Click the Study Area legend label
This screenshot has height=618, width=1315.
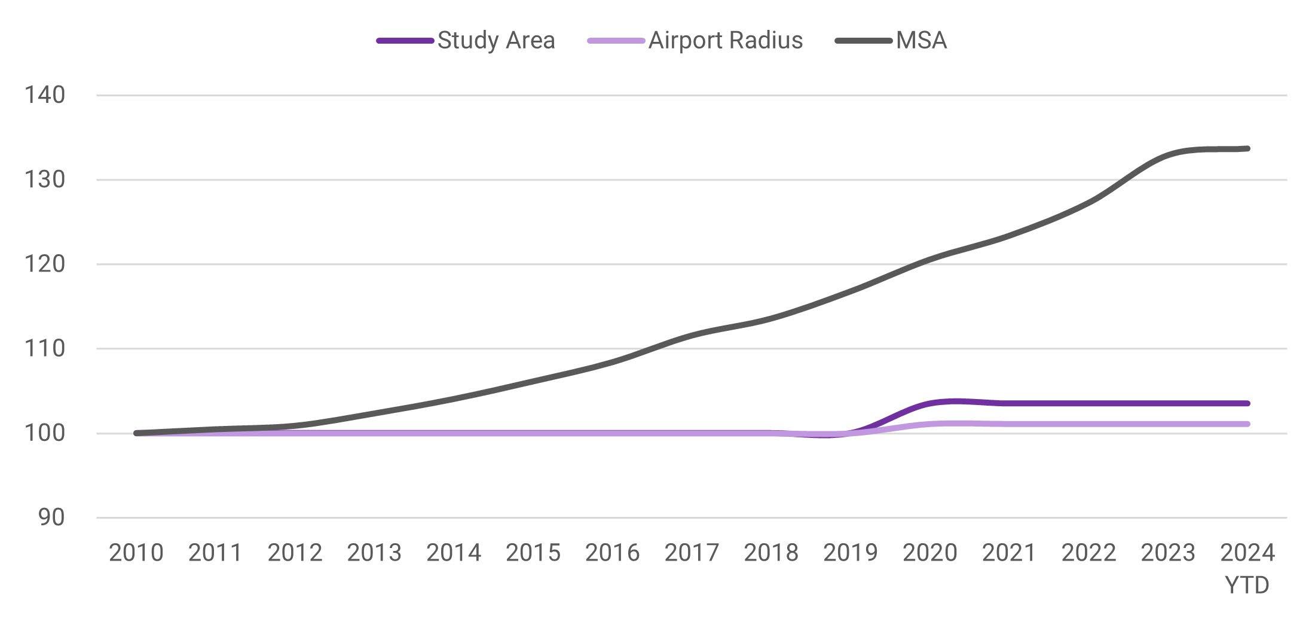click(x=496, y=41)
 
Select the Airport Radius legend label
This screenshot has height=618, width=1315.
click(x=725, y=41)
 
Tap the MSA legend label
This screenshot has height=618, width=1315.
click(x=921, y=41)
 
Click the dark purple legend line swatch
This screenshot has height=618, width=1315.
click(x=405, y=41)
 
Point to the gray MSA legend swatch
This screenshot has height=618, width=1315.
click(x=864, y=41)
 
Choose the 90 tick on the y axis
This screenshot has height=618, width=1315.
click(x=52, y=518)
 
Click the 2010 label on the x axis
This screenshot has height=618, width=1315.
click(x=136, y=553)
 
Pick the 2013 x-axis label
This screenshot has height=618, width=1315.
click(x=374, y=553)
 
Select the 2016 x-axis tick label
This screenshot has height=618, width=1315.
click(x=612, y=553)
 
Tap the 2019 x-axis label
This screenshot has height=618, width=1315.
click(x=851, y=553)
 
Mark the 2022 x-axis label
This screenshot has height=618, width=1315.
click(x=1088, y=553)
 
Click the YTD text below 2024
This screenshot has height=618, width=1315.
click(x=1247, y=586)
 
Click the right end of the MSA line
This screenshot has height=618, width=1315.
click(x=1247, y=148)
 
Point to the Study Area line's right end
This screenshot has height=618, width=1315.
click(x=1247, y=403)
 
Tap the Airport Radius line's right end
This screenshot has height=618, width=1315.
click(x=1247, y=424)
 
